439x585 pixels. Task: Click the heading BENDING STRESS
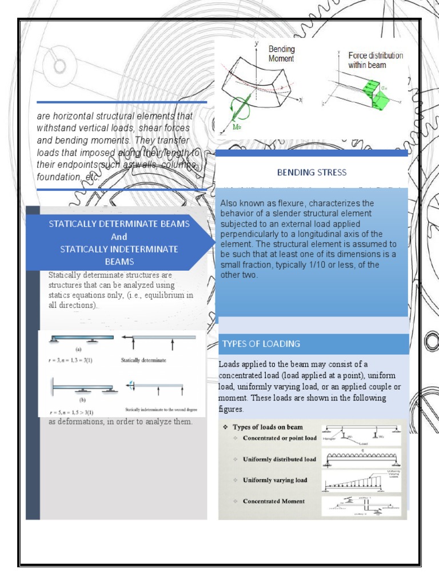(312, 171)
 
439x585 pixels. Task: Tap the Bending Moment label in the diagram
(281, 54)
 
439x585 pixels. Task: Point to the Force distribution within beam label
(376, 60)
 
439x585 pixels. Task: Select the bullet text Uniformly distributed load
(279, 459)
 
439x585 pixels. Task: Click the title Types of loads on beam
(266, 427)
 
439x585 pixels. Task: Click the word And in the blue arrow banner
(118, 237)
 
